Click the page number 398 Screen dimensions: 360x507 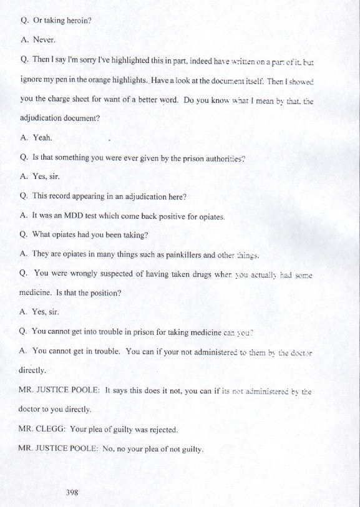tap(72, 492)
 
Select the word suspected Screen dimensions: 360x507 tap(120, 274)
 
